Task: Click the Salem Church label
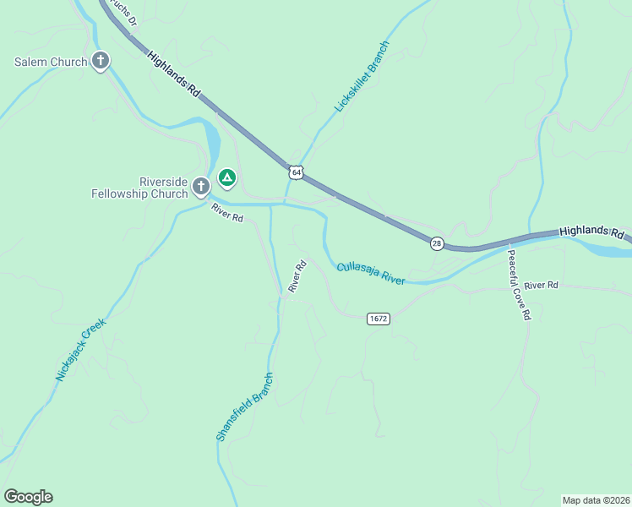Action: [x=51, y=62]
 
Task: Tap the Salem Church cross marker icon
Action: [x=101, y=61]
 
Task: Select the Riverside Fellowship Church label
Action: [x=139, y=188]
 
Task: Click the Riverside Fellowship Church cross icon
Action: [x=201, y=185]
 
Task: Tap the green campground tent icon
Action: [x=226, y=177]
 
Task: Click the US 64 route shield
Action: [x=294, y=172]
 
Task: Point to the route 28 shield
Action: [x=437, y=243]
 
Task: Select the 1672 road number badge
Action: [x=378, y=319]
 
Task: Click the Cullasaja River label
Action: [x=372, y=273]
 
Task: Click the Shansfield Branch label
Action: [x=244, y=407]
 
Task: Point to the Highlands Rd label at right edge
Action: [x=591, y=231]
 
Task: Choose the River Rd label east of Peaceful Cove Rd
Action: [x=541, y=286]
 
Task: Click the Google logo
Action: [x=28, y=497]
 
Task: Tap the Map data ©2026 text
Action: [x=596, y=499]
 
